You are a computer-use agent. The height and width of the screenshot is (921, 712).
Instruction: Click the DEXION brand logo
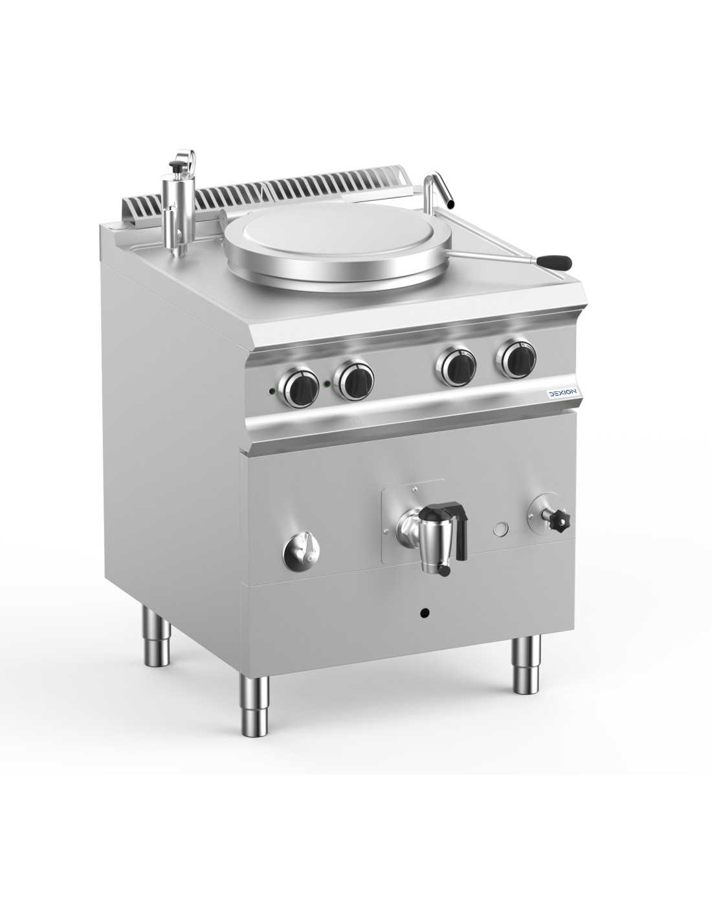[563, 393]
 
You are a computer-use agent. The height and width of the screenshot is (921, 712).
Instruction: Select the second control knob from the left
[354, 380]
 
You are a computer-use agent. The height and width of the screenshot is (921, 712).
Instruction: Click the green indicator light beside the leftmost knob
[270, 391]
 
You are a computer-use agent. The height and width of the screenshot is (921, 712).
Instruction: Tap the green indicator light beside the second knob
[326, 385]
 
